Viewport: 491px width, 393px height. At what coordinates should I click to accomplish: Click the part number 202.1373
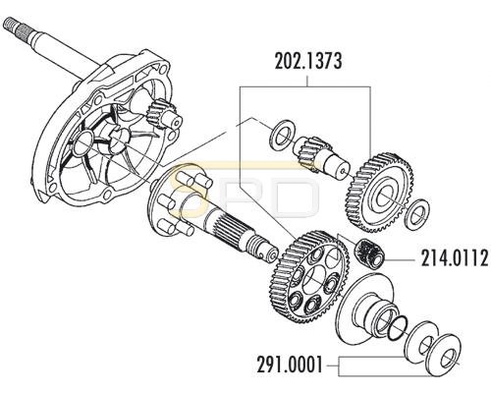tap(308, 61)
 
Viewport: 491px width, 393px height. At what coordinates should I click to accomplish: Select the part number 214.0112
tap(455, 258)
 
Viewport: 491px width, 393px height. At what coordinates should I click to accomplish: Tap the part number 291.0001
tap(290, 365)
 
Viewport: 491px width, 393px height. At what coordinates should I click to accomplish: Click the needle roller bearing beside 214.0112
tap(370, 253)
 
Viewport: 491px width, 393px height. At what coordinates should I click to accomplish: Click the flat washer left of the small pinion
tap(281, 136)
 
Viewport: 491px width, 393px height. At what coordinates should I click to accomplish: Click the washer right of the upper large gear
tap(416, 212)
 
